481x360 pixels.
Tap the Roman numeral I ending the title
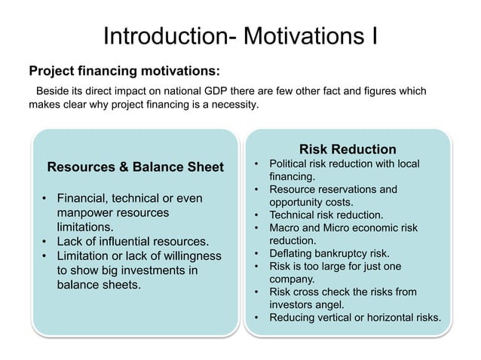[x=374, y=35]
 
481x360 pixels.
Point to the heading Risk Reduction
[x=348, y=149]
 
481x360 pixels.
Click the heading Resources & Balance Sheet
[x=136, y=166]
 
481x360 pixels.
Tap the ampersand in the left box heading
[x=116, y=166]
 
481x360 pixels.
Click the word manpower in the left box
[x=84, y=213]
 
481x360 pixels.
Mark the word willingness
[x=188, y=256]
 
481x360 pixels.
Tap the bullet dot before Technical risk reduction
[x=256, y=215]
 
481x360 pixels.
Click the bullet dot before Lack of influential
[x=44, y=242]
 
